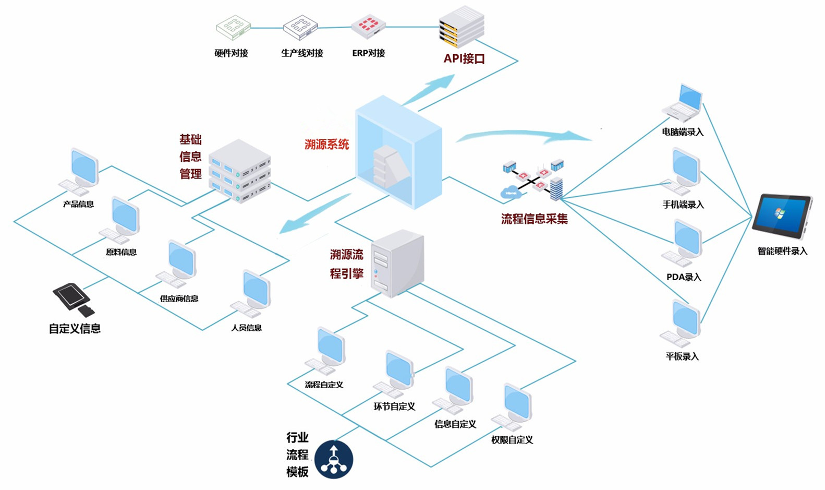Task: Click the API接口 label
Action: (x=464, y=58)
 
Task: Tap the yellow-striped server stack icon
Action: (x=462, y=27)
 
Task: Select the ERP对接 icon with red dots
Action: (x=368, y=27)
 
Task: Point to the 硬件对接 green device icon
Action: (x=233, y=27)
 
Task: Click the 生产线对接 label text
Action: (x=302, y=53)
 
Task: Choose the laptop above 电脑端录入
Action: (x=684, y=103)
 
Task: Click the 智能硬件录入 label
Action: (x=782, y=251)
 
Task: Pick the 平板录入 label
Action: (x=682, y=356)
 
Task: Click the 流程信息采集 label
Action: (x=535, y=219)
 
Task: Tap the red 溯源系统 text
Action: (x=326, y=145)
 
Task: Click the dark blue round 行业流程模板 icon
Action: (x=334, y=460)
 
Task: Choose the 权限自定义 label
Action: (x=512, y=440)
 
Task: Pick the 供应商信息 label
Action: (x=179, y=298)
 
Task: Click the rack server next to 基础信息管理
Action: (x=240, y=171)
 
